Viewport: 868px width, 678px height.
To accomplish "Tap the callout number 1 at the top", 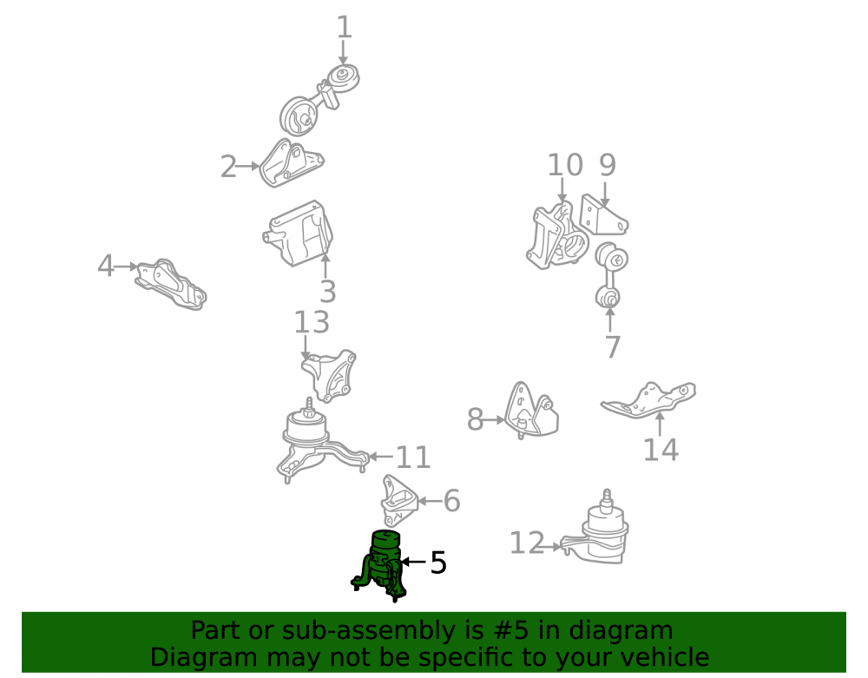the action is (344, 27).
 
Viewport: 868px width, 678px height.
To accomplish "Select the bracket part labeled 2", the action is (291, 163).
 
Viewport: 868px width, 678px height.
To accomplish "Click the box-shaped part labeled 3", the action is (299, 234).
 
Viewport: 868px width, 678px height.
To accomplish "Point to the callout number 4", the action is (105, 266).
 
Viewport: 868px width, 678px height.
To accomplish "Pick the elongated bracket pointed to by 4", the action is (171, 284).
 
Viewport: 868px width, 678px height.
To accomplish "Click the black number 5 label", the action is (437, 563).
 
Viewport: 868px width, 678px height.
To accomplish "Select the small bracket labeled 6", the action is (398, 500).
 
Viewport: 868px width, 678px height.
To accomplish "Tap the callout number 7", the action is (612, 347).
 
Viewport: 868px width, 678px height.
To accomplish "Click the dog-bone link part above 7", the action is (610, 274).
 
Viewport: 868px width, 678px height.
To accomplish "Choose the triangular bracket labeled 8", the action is (531, 410).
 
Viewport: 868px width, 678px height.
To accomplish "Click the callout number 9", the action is (608, 165).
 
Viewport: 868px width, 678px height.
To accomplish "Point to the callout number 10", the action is (565, 165).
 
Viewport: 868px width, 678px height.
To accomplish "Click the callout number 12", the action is (527, 543).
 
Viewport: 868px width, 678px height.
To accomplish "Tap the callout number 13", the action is (312, 322).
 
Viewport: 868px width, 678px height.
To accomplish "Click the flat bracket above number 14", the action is (648, 399).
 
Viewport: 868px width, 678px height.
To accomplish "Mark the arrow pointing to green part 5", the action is (413, 562).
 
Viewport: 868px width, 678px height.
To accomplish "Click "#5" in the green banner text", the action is (510, 630).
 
